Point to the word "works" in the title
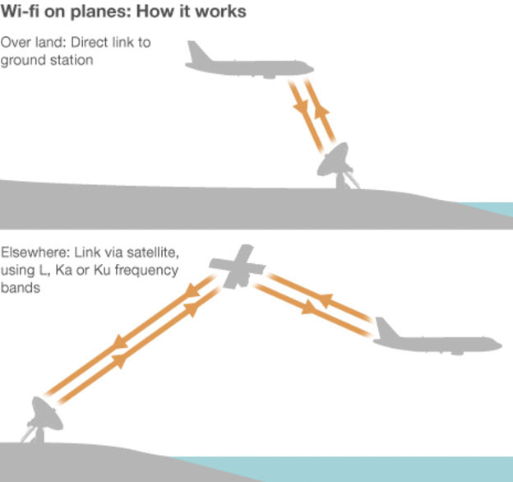point(221,13)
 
